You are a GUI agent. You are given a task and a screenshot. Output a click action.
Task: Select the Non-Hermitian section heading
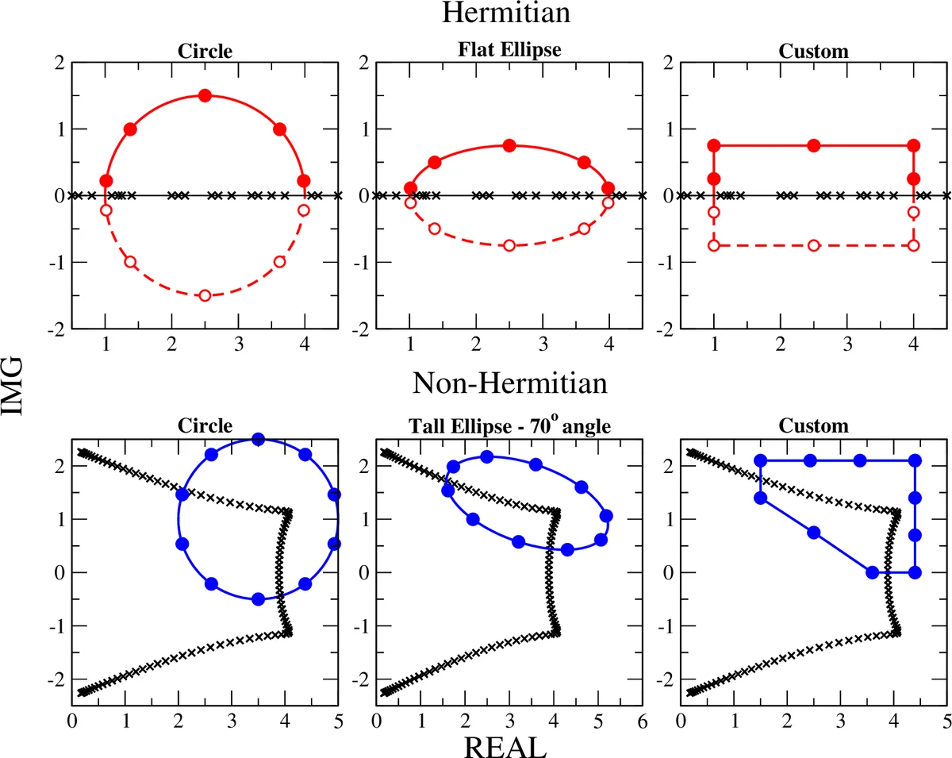(510, 384)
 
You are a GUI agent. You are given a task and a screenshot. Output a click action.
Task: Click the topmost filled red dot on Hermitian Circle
(205, 95)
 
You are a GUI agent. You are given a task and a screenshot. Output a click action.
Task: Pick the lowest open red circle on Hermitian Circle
(205, 295)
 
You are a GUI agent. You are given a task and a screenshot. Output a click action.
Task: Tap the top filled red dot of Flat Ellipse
(509, 145)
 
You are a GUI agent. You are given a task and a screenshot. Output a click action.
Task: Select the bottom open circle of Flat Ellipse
(509, 245)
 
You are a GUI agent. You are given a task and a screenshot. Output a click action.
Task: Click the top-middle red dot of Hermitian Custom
(813, 145)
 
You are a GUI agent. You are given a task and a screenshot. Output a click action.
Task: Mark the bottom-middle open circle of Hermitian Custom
(813, 245)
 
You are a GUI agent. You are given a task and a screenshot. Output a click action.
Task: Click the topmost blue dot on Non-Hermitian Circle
(258, 439)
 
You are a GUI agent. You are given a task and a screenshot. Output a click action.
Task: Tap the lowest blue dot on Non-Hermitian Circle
(258, 599)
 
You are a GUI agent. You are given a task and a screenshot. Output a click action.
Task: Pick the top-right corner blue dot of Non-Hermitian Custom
(915, 460)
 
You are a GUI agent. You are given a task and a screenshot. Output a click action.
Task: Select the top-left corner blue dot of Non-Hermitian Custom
(761, 460)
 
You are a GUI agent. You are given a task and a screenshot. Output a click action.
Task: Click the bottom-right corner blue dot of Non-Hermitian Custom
(915, 572)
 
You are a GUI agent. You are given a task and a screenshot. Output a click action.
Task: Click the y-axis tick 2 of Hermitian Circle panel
(60, 62)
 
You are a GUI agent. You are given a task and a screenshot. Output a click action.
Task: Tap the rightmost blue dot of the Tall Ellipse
(606, 516)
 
